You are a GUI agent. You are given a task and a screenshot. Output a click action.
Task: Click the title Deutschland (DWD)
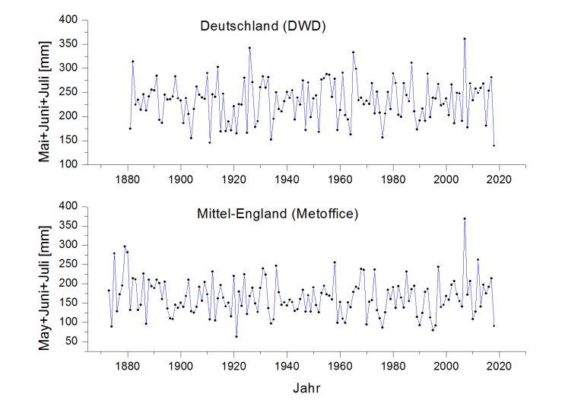click(x=262, y=27)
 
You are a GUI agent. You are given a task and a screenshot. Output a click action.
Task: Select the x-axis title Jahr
click(x=306, y=388)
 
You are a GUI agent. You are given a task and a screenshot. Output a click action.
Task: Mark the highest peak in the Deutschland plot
click(x=464, y=38)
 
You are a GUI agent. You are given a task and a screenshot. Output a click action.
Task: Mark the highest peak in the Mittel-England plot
click(x=464, y=218)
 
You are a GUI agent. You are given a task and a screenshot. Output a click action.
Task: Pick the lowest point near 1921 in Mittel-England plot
click(x=236, y=336)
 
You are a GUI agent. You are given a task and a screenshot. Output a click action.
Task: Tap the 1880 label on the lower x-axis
click(x=128, y=364)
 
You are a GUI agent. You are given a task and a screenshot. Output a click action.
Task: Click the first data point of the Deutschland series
click(x=130, y=128)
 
